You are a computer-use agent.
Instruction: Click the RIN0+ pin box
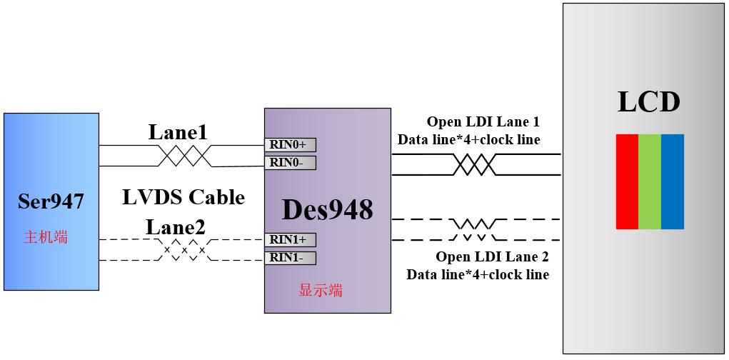point(290,145)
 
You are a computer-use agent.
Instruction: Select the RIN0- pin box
point(290,163)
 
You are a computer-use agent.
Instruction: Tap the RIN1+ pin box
point(290,240)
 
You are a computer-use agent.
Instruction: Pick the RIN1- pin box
point(290,258)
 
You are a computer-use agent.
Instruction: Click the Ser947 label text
point(51,202)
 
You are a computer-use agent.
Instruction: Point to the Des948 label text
point(327,210)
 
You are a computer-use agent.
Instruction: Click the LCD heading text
point(648,101)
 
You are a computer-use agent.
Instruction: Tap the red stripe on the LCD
point(627,181)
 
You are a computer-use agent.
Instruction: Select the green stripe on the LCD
point(650,181)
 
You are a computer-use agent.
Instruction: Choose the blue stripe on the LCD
point(673,181)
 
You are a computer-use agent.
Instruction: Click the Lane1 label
point(178,132)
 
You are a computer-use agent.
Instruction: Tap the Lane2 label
point(176,227)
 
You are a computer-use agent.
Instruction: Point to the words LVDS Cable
point(183,197)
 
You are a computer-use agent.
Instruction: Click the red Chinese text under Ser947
point(46,237)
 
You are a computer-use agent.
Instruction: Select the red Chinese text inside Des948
point(320,290)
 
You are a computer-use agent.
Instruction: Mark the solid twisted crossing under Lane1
point(183,155)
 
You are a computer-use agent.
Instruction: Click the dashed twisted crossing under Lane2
point(184,250)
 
